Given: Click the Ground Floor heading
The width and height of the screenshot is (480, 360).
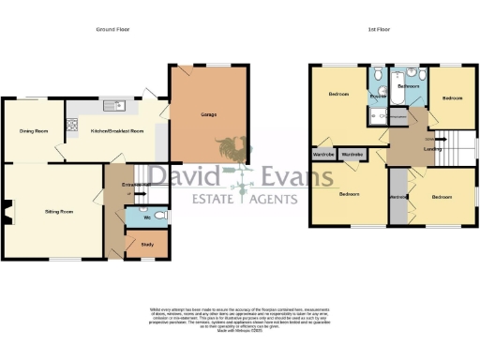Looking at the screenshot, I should click(112, 29).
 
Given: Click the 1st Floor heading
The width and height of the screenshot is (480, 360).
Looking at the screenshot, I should click(378, 29).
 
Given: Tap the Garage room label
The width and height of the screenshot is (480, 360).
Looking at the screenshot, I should click(208, 115).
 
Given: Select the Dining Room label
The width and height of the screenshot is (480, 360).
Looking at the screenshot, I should click(34, 130).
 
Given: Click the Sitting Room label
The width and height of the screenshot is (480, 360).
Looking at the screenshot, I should click(59, 212).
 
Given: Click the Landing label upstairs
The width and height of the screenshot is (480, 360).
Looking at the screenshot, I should click(408, 149).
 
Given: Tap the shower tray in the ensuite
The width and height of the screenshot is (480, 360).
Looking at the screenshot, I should click(378, 115).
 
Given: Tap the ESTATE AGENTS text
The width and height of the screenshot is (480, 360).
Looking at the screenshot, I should click(246, 199).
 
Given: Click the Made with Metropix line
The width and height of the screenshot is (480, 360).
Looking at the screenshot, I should click(239, 331).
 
